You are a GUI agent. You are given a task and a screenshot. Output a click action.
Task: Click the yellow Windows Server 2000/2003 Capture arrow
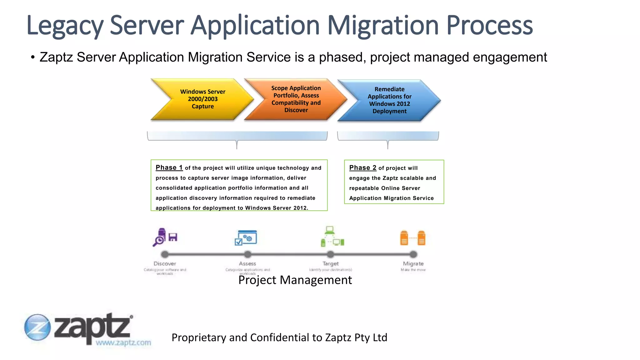pos(202,99)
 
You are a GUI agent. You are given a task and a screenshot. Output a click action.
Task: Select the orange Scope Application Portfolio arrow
pos(296,99)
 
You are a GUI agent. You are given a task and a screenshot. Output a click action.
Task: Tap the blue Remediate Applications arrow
pos(389,100)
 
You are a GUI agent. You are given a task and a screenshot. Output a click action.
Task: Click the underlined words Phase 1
pos(169,168)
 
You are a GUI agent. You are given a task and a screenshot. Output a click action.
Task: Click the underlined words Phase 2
pos(362,168)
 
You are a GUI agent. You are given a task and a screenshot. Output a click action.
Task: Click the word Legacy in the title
pos(65,26)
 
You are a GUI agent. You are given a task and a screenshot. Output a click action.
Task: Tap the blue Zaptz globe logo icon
pos(37,327)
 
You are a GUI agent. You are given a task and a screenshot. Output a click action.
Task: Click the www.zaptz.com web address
pos(123,343)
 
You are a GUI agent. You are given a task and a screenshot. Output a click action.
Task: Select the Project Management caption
pos(295,280)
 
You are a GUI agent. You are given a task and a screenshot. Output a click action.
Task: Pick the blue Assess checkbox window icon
pos(246,238)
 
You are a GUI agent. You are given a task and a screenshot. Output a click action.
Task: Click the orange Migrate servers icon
pos(413,238)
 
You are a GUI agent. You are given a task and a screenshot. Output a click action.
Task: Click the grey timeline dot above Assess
pos(247,254)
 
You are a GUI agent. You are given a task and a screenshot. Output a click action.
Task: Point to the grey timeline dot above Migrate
pos(413,254)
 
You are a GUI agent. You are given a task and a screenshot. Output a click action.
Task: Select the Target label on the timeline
pos(330,264)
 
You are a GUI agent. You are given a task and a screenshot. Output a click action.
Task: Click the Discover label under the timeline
pos(165,264)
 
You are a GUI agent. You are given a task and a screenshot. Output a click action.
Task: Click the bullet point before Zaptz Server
pos(32,57)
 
